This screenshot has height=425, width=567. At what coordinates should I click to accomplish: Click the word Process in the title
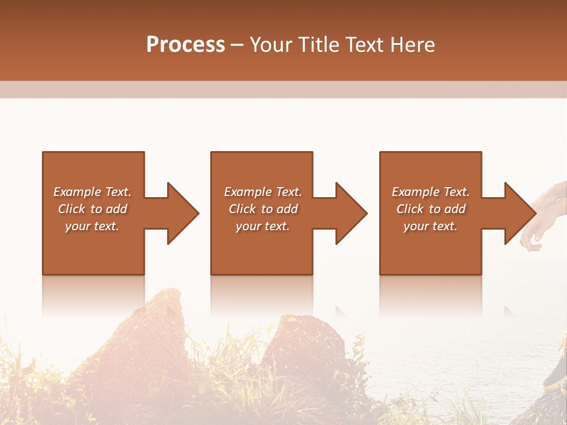[185, 45]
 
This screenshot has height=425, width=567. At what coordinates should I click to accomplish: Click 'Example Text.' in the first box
[93, 192]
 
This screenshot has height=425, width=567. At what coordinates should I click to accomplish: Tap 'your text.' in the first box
[93, 226]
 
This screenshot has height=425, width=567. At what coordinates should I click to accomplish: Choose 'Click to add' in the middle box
[262, 209]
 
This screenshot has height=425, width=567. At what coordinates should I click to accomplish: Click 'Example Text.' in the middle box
[262, 192]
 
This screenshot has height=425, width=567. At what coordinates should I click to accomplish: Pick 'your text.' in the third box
[430, 226]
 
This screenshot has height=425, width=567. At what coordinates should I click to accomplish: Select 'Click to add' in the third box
[431, 209]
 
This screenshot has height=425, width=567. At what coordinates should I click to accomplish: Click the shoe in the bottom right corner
[555, 372]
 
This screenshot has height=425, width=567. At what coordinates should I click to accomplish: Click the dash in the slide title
[237, 45]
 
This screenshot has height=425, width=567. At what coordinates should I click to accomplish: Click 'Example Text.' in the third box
[431, 192]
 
